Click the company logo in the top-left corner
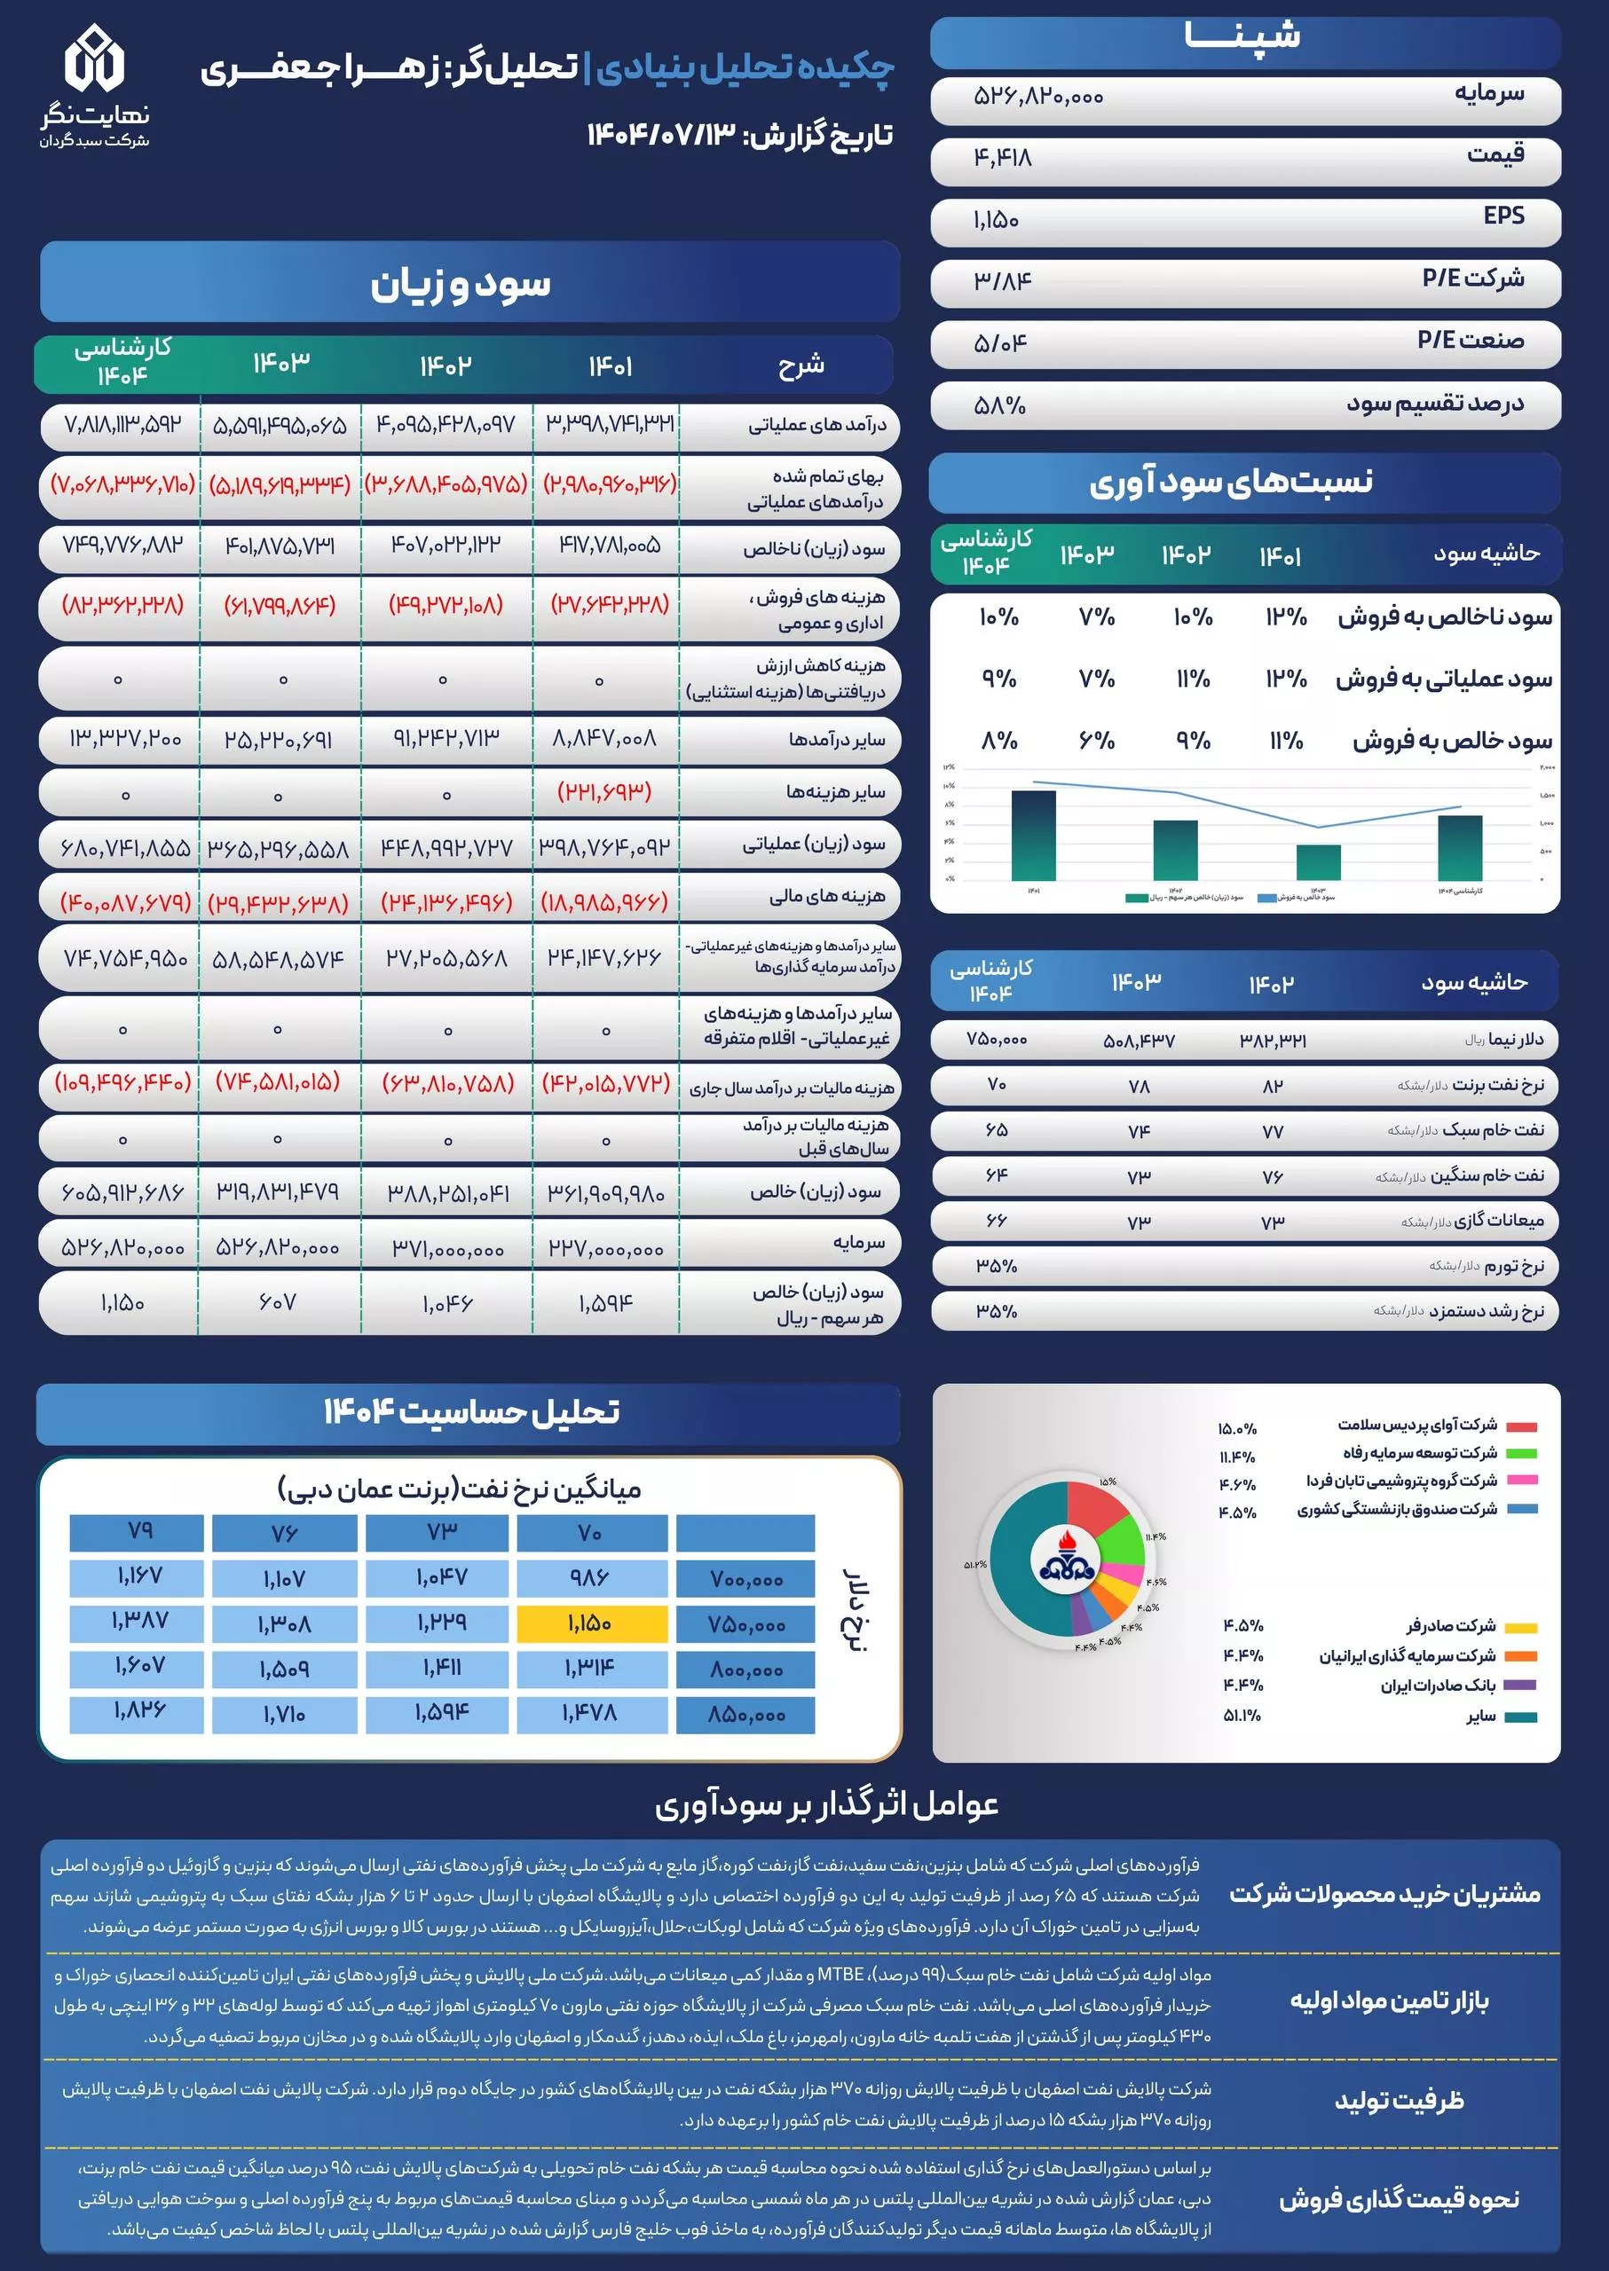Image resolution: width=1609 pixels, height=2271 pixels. click(x=95, y=84)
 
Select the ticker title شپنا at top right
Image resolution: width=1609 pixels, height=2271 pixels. click(x=1242, y=36)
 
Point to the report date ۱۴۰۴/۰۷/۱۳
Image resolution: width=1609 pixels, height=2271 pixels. click(x=658, y=135)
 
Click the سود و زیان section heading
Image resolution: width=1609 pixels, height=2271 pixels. click(x=461, y=284)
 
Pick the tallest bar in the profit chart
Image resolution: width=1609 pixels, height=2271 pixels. click(x=1033, y=834)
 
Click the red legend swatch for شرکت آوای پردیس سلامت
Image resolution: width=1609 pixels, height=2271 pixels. click(x=1521, y=1426)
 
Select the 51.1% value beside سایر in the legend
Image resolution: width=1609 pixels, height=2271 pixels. click(x=1242, y=1716)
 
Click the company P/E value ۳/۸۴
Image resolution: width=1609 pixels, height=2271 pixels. click(x=1003, y=281)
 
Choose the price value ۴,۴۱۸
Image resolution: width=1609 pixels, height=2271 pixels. click(x=1003, y=158)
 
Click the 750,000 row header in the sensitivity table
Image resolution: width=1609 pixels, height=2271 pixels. click(x=746, y=1625)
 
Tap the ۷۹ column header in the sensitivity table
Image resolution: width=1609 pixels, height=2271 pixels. click(x=139, y=1531)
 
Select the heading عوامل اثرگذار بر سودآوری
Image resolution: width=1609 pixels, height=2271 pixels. click(x=826, y=1805)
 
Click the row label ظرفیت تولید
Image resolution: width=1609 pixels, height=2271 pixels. click(x=1398, y=2101)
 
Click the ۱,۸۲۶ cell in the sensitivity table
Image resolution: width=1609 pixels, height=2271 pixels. click(x=139, y=1710)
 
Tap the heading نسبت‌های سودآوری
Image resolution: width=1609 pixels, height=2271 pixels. click(x=1231, y=483)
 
